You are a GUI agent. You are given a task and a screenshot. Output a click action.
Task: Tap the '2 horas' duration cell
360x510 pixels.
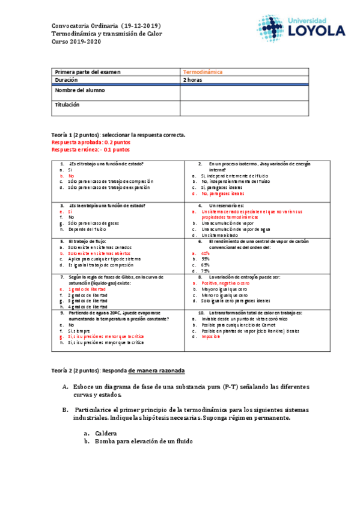click(192, 80)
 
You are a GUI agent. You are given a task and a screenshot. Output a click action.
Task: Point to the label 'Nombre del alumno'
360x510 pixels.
click(79, 90)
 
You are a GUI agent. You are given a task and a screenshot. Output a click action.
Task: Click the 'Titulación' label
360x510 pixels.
click(67, 105)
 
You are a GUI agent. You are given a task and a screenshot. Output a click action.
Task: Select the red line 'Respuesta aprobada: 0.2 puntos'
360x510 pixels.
click(90, 142)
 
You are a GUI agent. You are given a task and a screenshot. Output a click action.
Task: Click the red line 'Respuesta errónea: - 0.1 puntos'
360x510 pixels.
click(91, 149)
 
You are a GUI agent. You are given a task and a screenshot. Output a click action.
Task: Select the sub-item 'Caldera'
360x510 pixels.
click(105, 433)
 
